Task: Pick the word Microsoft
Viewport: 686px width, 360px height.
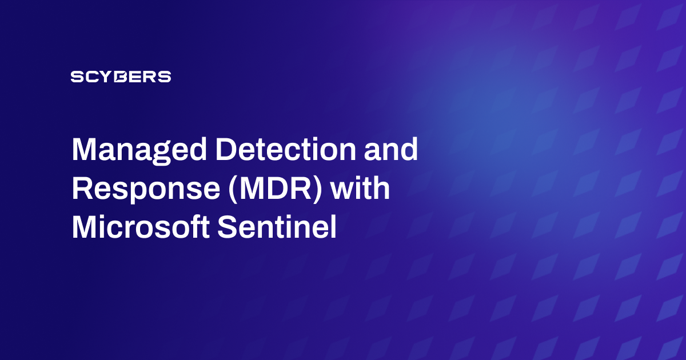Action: click(139, 228)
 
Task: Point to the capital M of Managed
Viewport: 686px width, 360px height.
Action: click(83, 150)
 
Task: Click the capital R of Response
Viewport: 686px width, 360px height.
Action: click(81, 189)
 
